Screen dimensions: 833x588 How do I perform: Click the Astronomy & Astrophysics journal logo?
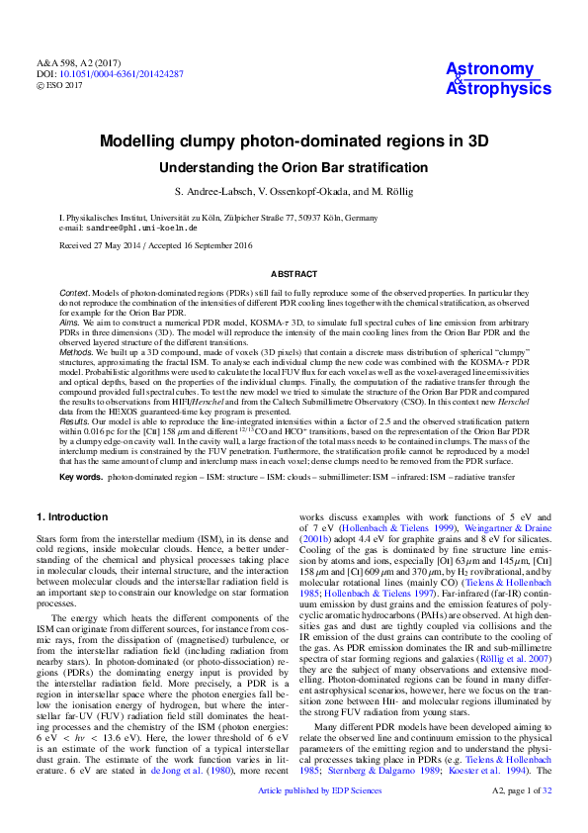pos(498,78)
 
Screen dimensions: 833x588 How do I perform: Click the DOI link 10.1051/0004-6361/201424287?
pos(123,74)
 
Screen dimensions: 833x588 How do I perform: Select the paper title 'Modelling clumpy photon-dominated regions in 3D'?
pos(294,141)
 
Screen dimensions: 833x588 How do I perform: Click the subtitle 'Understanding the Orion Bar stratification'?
pos(294,168)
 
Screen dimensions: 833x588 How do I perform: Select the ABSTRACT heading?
pos(294,273)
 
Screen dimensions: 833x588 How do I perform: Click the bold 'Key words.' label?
pos(80,477)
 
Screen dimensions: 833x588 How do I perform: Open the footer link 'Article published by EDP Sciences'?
pos(294,819)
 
